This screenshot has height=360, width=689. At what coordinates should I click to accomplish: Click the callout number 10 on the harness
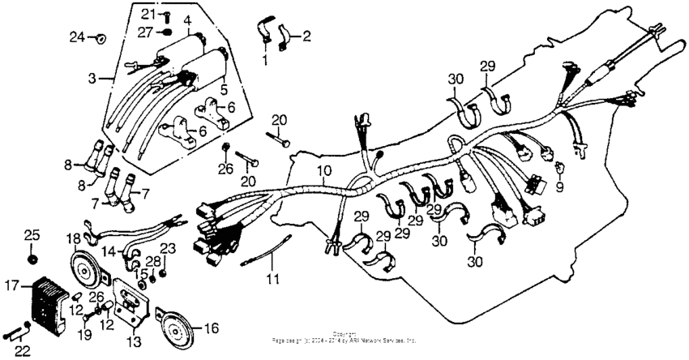[323, 171]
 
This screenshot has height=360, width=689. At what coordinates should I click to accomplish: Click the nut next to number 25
[33, 259]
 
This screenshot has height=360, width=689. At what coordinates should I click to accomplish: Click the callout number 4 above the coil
[187, 19]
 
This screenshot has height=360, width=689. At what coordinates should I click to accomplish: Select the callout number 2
[306, 36]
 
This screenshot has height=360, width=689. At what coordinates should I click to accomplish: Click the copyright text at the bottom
[344, 336]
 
